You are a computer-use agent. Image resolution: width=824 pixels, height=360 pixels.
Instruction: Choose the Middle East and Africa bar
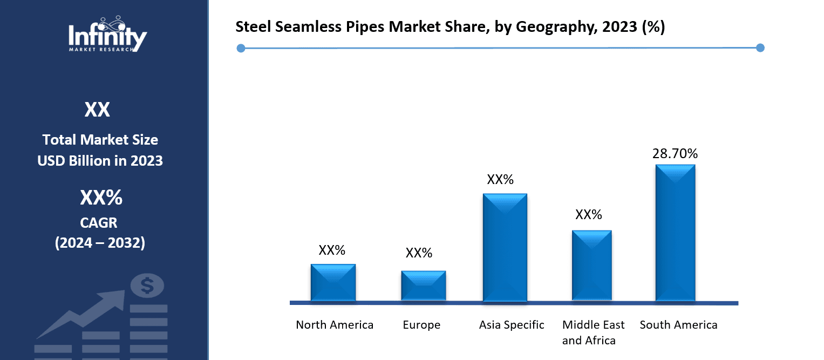[x=591, y=265]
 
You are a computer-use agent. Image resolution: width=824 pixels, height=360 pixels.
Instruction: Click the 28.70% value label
[x=675, y=154]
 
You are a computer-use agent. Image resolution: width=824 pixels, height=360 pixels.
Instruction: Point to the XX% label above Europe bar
[x=419, y=253]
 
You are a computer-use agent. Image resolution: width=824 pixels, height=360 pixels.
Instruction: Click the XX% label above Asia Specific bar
[x=500, y=180]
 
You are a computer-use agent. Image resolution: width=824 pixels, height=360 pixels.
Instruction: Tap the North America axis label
[x=335, y=325]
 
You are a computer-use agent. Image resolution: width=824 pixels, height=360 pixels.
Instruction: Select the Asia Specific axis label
[x=512, y=325]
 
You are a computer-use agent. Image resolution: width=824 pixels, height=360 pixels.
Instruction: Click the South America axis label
[x=678, y=325]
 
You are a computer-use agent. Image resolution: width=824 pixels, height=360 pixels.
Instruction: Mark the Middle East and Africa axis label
[x=593, y=332]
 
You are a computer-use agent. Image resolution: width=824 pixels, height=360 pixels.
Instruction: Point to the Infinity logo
[x=107, y=35]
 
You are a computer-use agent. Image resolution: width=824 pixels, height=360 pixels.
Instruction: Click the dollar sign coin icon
[x=147, y=286]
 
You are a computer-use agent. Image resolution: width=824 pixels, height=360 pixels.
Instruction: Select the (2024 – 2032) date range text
[x=100, y=243]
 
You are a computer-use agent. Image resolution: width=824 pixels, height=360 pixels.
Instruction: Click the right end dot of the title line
[x=760, y=48]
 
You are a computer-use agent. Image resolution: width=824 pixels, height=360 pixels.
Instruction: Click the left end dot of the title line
[x=241, y=49]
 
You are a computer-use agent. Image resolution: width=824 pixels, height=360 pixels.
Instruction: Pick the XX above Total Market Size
[x=97, y=110]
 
